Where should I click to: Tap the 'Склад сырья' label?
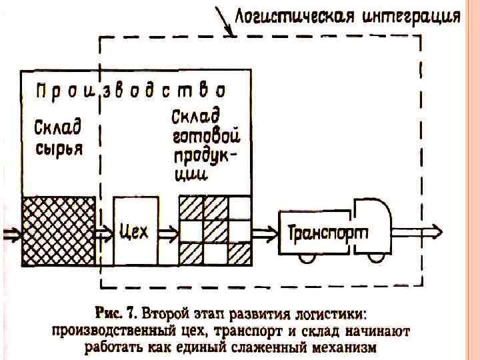pyautogui.click(x=58, y=137)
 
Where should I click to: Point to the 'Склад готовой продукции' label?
pyautogui.click(x=205, y=145)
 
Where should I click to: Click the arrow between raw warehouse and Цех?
pyautogui.click(x=103, y=233)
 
